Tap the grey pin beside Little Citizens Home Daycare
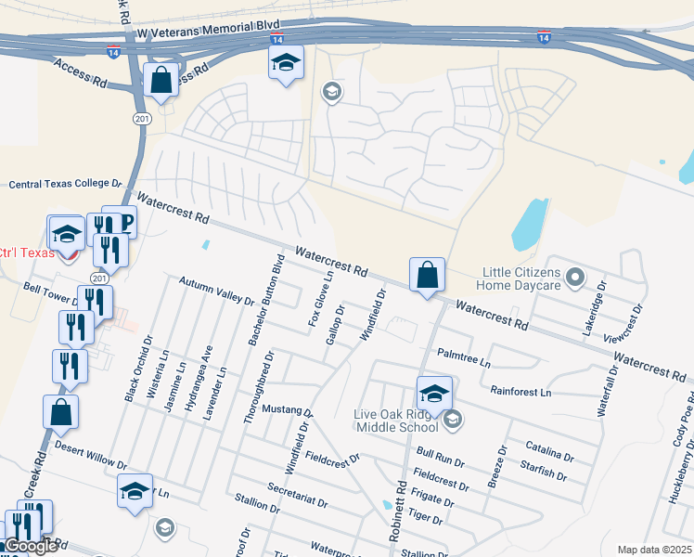575,277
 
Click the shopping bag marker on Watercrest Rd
427,276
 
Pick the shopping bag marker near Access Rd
161,80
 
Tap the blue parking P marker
122,222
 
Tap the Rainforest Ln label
520,392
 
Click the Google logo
30,546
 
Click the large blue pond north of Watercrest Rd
530,226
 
